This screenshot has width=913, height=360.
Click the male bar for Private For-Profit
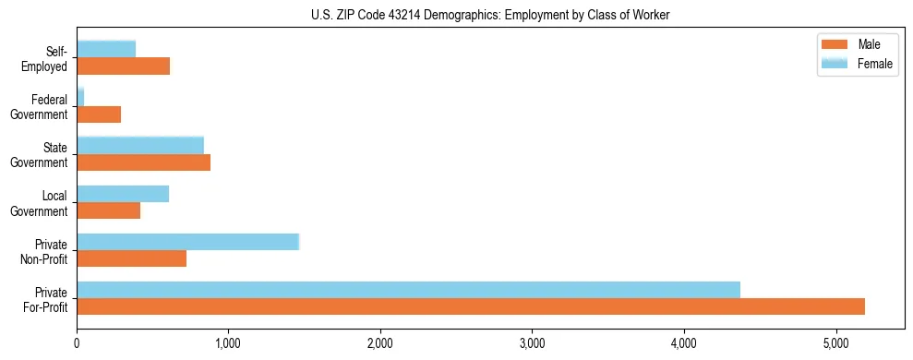(x=471, y=306)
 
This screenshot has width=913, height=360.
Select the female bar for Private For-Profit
(x=408, y=290)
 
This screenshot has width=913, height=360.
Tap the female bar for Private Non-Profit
(x=187, y=242)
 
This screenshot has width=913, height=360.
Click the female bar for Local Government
(x=123, y=194)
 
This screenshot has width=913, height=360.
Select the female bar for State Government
(x=140, y=145)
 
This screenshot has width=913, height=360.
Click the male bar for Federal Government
(x=99, y=114)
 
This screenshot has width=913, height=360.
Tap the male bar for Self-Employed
(x=123, y=66)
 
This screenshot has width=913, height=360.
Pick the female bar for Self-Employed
(x=106, y=49)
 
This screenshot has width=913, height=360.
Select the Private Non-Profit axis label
(x=43, y=251)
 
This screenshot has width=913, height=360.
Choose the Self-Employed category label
(x=46, y=59)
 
